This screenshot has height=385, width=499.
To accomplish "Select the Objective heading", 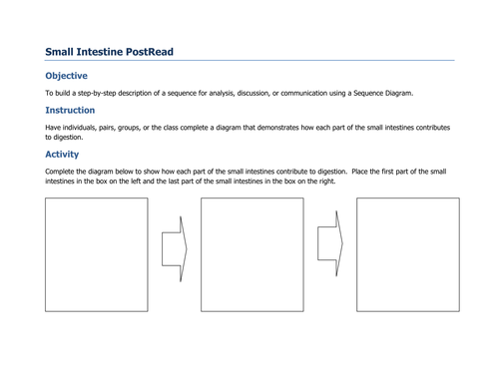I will pos(66,76).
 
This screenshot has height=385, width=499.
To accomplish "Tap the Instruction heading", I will pos(70,110).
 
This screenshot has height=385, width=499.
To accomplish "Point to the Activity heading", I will pos(62,155).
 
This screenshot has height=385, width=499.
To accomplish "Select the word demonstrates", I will pos(272,128).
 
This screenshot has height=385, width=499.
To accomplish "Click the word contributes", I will pos(431,128).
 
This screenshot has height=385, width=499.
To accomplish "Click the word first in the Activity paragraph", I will pos(402,172).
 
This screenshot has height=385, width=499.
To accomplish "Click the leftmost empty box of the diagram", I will pos(96,254).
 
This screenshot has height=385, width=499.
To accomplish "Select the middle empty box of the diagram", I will pos(251,254).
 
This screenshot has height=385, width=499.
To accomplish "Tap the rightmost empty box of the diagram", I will pos(407,254).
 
